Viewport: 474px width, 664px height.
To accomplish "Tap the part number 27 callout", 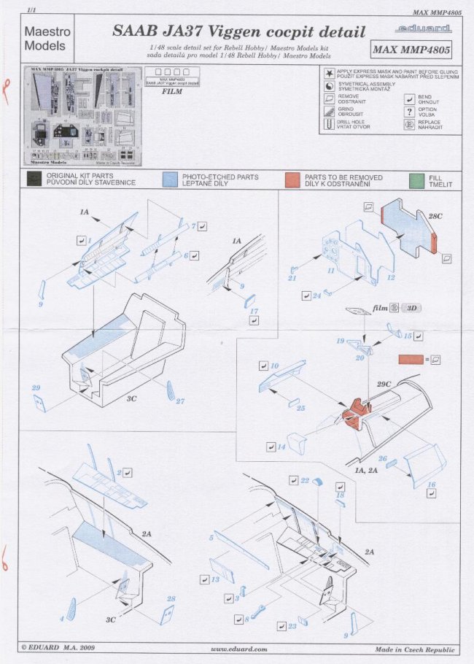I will click(x=180, y=401).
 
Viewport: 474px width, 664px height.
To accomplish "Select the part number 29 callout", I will click(x=36, y=387).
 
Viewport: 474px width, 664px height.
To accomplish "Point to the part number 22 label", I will click(x=305, y=481).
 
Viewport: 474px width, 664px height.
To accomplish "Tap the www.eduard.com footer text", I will click(x=238, y=649).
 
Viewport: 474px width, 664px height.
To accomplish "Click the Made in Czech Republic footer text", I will click(x=415, y=649).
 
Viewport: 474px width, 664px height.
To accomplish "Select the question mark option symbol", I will click(x=410, y=112).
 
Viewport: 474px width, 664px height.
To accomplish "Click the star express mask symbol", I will click(x=330, y=73).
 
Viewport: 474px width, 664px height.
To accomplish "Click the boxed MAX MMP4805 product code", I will click(x=411, y=50).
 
